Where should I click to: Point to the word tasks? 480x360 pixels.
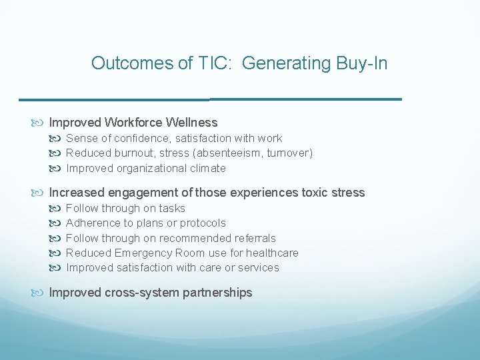point(172,208)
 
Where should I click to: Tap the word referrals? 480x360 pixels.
point(255,238)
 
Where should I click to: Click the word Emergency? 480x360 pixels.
point(143,253)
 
